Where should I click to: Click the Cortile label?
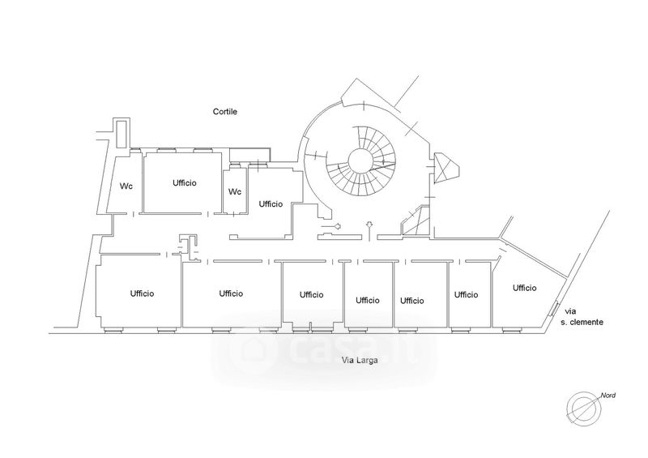click(225, 112)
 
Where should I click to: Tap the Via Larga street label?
click(360, 361)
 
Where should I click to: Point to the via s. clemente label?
click(582, 316)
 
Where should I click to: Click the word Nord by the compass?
click(608, 396)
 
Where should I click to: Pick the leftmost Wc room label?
click(126, 186)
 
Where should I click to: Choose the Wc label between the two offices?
click(235, 192)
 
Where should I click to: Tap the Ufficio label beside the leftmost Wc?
click(185, 183)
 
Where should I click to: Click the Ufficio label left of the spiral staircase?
click(271, 204)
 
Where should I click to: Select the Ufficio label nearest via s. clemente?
click(524, 288)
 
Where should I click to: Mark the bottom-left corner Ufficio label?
click(142, 293)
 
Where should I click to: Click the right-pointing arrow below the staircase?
click(330, 226)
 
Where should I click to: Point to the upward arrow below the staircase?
click(369, 230)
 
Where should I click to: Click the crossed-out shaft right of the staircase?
click(446, 167)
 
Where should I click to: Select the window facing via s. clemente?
click(553, 308)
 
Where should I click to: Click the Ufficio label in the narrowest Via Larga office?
click(466, 294)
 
